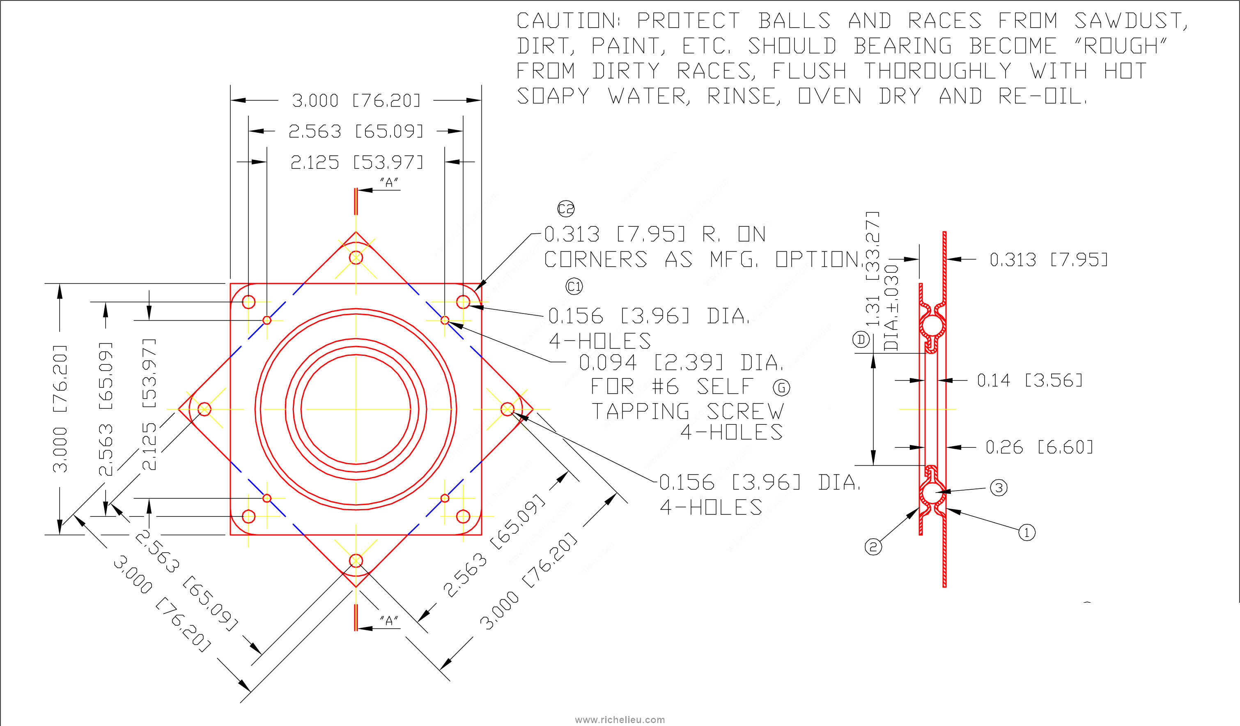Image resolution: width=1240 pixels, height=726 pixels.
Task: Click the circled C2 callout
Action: (566, 209)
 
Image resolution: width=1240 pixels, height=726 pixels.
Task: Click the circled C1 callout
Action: (574, 286)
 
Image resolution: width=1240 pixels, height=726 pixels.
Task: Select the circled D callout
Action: (861, 339)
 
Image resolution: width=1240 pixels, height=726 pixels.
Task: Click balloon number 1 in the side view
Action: (1026, 532)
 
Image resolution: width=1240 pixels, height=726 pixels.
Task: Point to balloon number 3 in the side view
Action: (999, 488)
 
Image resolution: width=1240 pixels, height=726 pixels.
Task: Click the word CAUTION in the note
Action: (567, 21)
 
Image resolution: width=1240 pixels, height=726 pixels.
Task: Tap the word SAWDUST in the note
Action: (1130, 21)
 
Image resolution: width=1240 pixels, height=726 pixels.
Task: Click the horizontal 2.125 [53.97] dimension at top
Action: (356, 162)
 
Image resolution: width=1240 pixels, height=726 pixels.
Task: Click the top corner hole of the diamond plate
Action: (356, 258)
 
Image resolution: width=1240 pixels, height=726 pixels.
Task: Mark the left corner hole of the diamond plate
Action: (204, 409)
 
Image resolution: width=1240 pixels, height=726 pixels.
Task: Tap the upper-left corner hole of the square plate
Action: (249, 302)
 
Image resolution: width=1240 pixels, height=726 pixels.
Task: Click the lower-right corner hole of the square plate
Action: (463, 516)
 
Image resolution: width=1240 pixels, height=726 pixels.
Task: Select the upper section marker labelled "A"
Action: (389, 183)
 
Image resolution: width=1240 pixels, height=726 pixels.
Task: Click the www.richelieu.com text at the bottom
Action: (620, 719)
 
